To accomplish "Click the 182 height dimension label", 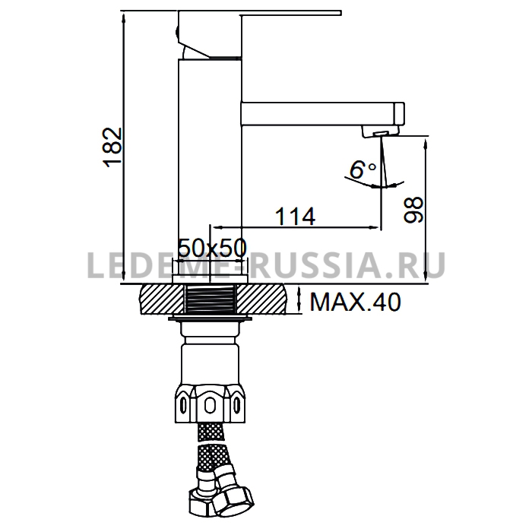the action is coord(112,147).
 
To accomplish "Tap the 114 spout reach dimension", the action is coord(295,217).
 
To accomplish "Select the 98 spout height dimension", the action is coord(413,209).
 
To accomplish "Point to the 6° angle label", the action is coord(363,169).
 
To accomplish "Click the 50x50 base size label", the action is coord(212,248).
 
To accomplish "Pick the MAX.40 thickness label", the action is coord(355,302).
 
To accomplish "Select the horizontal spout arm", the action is coord(322,114).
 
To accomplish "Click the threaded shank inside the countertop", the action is coord(211,299).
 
